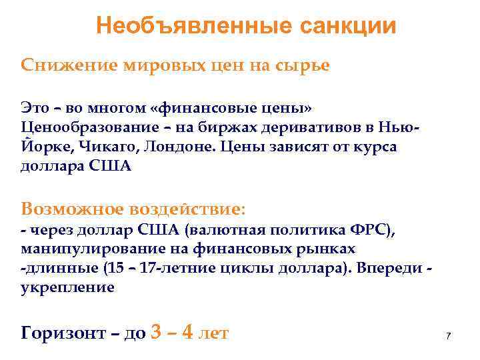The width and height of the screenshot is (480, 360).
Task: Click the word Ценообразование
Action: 85,127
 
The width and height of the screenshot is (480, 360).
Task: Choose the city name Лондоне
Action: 179,147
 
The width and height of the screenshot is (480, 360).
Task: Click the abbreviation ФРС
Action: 371,230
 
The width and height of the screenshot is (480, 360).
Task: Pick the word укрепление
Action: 67,287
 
